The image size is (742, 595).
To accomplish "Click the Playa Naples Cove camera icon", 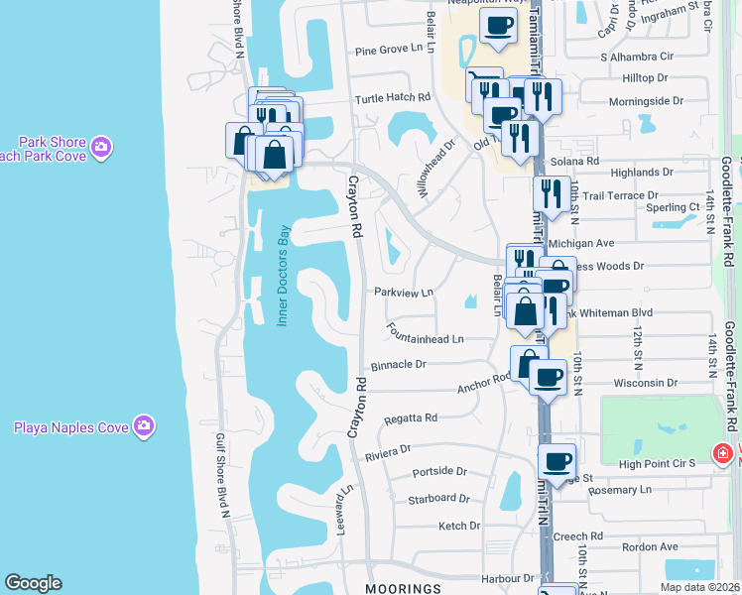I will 145,426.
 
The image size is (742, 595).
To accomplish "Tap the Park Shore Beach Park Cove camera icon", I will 100,148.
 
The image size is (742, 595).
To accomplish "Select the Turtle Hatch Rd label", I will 394,98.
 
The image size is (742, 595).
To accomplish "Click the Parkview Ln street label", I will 404,293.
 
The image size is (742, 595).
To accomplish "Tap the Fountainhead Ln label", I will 426,339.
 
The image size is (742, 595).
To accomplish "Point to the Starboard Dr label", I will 437,498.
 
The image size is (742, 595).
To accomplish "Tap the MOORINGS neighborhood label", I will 402,588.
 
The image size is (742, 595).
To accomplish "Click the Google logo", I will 33,583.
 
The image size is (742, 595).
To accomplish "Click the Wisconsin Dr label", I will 645,382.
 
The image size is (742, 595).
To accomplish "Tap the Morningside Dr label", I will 646,101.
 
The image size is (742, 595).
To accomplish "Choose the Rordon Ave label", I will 650,546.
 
